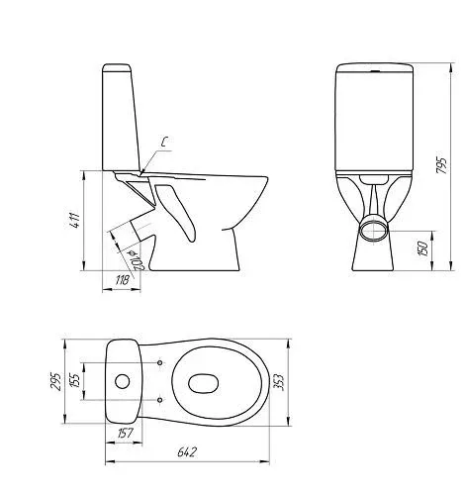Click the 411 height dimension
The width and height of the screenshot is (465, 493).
pyautogui.click(x=76, y=220)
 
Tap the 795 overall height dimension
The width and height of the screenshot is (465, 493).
pyautogui.click(x=441, y=165)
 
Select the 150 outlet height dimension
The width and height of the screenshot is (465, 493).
pyautogui.click(x=422, y=248)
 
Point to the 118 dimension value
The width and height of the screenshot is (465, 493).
pyautogui.click(x=122, y=281)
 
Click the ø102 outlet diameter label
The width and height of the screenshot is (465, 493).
pyautogui.click(x=137, y=260)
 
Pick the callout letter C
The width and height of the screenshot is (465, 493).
pyautogui.click(x=164, y=142)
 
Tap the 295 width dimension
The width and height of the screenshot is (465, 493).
pyautogui.click(x=55, y=382)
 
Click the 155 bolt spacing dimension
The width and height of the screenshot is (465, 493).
pyautogui.click(x=75, y=380)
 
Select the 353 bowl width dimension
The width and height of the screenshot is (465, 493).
pyautogui.click(x=279, y=382)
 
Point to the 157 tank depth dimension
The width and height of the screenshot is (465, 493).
pyautogui.click(x=124, y=433)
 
